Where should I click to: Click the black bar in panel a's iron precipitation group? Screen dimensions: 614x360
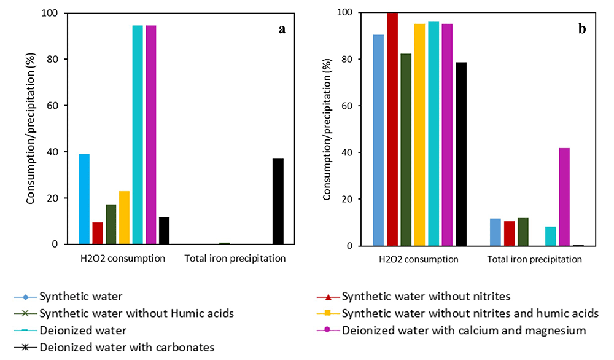pyautogui.click(x=278, y=202)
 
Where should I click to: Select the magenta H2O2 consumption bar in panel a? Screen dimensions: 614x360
pyautogui.click(x=151, y=135)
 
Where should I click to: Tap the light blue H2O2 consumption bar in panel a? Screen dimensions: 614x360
pyautogui.click(x=84, y=199)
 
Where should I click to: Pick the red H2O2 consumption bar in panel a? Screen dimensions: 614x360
pyautogui.click(x=98, y=233)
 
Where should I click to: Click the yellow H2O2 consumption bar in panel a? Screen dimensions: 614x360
pyautogui.click(x=124, y=218)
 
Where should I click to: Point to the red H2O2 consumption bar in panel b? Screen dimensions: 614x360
pyautogui.click(x=392, y=129)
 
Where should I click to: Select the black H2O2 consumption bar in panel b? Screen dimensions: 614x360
pyautogui.click(x=461, y=154)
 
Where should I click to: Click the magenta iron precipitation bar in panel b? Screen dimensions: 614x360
pyautogui.click(x=564, y=197)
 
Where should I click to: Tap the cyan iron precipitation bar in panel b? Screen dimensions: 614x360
pyautogui.click(x=551, y=237)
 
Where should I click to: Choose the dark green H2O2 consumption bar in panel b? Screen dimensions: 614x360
pyautogui.click(x=406, y=150)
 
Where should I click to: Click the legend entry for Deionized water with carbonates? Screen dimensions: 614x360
pyautogui.click(x=114, y=348)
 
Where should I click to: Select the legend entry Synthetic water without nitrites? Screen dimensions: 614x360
pyautogui.click(x=413, y=297)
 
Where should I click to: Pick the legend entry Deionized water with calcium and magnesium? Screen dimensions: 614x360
pyautogui.click(x=451, y=331)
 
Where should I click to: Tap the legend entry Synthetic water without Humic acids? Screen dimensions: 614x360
pyautogui.click(x=124, y=313)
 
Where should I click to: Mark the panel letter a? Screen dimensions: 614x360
pyautogui.click(x=282, y=29)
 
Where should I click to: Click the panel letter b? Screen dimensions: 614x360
pyautogui.click(x=582, y=29)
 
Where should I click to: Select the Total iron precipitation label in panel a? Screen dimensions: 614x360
pyautogui.click(x=235, y=259)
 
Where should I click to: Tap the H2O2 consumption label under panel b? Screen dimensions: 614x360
pyautogui.click(x=419, y=259)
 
